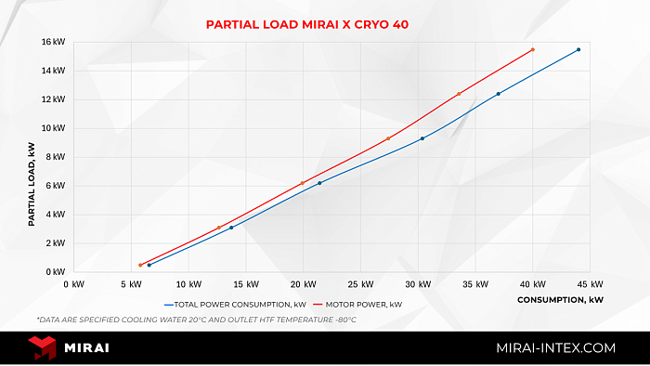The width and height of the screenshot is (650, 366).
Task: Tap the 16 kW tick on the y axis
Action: coord(53,42)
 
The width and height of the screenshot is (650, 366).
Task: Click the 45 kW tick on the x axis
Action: coord(591,284)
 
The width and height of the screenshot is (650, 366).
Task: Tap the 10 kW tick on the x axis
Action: coord(188,284)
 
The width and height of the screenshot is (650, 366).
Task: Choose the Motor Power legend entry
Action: coord(358,304)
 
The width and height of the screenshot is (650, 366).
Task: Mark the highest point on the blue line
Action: coord(578,50)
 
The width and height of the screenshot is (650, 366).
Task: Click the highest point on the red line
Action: coord(532,49)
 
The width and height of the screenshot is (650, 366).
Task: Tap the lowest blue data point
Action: coord(149,265)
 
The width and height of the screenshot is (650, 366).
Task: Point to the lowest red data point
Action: coord(140,265)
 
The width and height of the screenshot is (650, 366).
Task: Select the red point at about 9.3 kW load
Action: coord(388,138)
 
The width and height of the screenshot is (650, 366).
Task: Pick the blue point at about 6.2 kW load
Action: coord(320,183)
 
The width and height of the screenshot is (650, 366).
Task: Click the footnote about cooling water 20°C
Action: coord(196,320)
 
